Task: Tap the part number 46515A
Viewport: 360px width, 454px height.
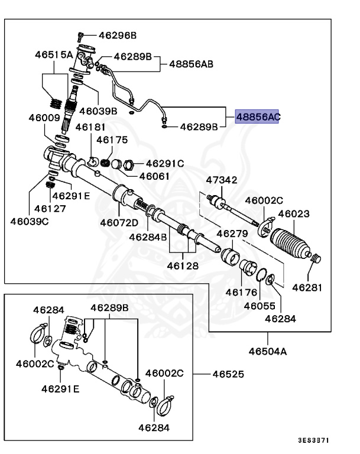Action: coord(53,54)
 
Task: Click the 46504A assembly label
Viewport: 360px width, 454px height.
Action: coord(267,352)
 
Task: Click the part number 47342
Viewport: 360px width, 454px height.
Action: coord(221,180)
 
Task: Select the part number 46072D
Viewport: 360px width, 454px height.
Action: coord(119,223)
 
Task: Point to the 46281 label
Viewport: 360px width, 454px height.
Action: coord(309,288)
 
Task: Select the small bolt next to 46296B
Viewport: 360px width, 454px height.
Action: coord(82,35)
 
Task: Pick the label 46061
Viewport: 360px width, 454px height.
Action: coord(155,176)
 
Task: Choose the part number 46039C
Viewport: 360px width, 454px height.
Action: coord(29,222)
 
